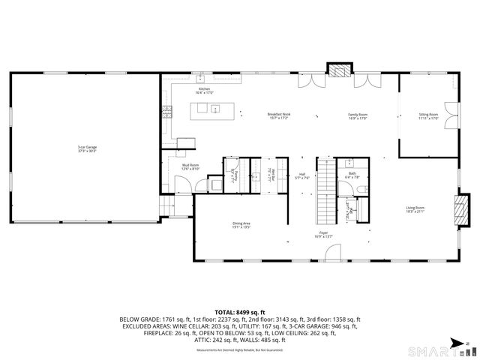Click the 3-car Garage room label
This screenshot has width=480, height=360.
pyautogui.click(x=86, y=148)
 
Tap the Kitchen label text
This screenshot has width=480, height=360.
pyautogui.click(x=204, y=91)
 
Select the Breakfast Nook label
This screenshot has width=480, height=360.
pyautogui.click(x=280, y=115)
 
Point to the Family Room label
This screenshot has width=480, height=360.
pyautogui.click(x=358, y=115)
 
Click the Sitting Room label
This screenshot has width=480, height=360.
pyautogui.click(x=428, y=115)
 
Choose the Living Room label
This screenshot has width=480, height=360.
pyautogui.click(x=415, y=209)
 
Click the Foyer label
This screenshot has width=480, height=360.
pyautogui.click(x=323, y=235)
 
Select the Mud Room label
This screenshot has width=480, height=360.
pyautogui.click(x=190, y=166)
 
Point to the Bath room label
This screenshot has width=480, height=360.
pyautogui.click(x=352, y=175)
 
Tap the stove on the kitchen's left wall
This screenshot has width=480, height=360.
pyautogui.click(x=169, y=112)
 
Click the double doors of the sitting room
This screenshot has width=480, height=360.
pyautogui.click(x=450, y=119)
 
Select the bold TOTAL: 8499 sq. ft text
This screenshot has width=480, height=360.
pyautogui.click(x=240, y=311)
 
